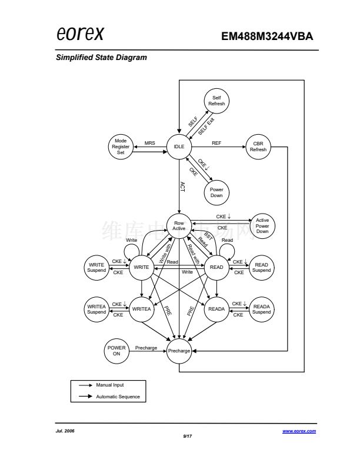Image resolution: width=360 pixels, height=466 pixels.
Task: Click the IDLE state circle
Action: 179,146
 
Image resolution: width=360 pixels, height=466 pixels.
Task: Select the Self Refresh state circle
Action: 216,101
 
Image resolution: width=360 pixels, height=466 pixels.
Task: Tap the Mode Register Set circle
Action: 121,146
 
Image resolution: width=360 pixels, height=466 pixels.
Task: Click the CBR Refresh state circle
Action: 258,146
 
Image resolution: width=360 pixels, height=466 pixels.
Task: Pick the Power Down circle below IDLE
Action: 216,192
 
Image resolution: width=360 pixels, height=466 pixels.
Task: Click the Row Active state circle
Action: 179,225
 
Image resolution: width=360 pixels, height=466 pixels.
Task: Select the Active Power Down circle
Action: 262,225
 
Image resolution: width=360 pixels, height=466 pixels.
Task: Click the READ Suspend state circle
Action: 262,268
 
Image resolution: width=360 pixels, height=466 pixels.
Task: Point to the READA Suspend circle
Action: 262,309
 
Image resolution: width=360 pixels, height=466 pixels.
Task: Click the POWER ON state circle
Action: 116,351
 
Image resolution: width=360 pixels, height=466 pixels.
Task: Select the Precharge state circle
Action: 179,351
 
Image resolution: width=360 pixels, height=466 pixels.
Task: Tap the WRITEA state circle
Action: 141,309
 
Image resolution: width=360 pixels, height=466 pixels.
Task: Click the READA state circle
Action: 216,309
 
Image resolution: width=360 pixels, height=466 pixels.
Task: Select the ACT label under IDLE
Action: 182,187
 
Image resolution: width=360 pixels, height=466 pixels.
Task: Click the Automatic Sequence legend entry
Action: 118,397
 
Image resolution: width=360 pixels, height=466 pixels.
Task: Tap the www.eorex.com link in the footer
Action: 299,431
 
